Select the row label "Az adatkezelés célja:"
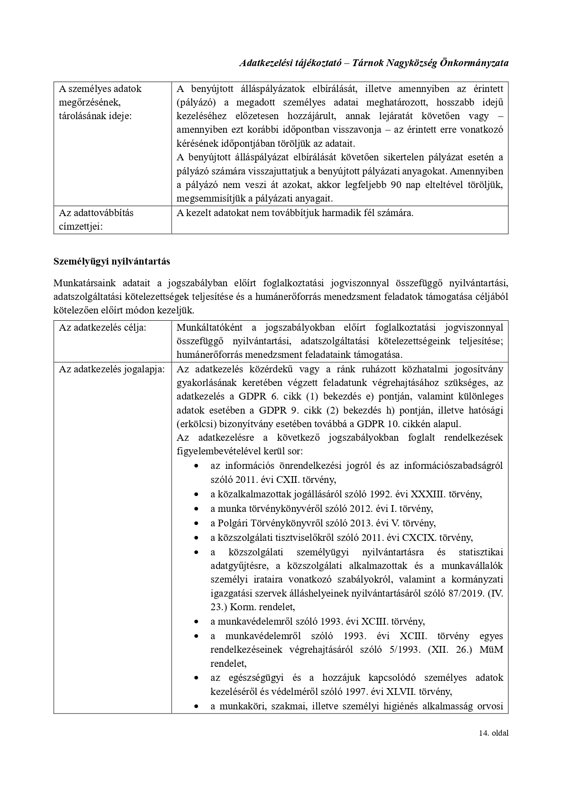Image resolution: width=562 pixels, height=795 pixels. [x=102, y=328]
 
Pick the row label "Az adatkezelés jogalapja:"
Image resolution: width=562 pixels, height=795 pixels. [x=111, y=369]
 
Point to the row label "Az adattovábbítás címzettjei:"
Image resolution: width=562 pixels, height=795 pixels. [x=96, y=219]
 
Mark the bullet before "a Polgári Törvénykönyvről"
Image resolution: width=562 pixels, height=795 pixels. [x=196, y=524]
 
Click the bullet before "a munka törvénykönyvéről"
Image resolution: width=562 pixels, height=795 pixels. [x=196, y=509]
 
